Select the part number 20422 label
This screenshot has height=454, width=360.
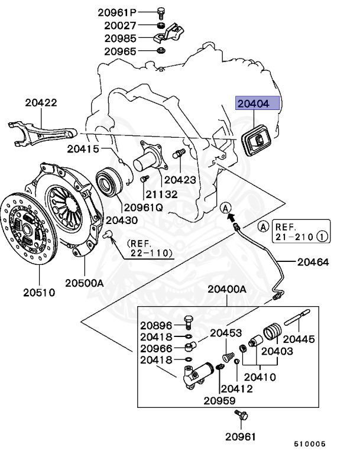pyautogui.click(x=41, y=103)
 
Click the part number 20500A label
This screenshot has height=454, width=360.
pyautogui.click(x=84, y=283)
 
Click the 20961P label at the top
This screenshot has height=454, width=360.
pyautogui.click(x=120, y=12)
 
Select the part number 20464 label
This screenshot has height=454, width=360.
pyautogui.click(x=313, y=261)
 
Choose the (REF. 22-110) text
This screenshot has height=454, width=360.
pyautogui.click(x=148, y=248)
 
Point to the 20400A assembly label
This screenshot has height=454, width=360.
pyautogui.click(x=226, y=290)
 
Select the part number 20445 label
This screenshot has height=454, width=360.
pyautogui.click(x=299, y=339)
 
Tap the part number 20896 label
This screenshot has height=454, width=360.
pyautogui.click(x=156, y=325)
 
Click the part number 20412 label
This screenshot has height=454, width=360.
pyautogui.click(x=236, y=388)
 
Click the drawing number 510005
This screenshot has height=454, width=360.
pyautogui.click(x=310, y=443)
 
